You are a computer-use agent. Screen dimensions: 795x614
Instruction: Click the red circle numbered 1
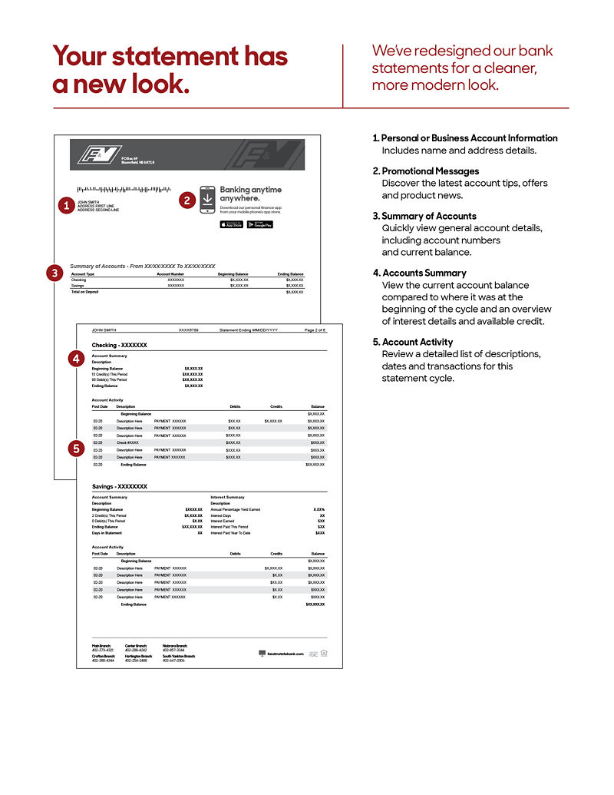(66, 205)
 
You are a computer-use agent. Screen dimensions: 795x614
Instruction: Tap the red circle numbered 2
(187, 200)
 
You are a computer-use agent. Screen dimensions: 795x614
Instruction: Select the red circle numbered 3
(54, 272)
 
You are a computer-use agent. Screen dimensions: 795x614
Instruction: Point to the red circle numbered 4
(75, 358)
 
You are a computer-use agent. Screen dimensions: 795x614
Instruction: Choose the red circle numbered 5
(75, 449)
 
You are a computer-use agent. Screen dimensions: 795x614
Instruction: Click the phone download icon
(207, 199)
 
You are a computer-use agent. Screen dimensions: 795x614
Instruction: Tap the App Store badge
(231, 224)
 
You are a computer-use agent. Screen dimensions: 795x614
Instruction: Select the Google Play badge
(260, 224)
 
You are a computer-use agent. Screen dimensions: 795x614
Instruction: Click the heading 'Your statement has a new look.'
(170, 70)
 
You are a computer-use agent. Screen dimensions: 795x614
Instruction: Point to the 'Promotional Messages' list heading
(430, 171)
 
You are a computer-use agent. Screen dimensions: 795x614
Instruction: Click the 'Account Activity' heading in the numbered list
(418, 342)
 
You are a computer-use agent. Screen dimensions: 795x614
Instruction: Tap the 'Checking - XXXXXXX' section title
(119, 346)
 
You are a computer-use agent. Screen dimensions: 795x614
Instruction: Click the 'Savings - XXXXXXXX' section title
(119, 486)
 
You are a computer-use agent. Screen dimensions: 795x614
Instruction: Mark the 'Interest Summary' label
(227, 497)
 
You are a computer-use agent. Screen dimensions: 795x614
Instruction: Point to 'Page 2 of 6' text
(315, 330)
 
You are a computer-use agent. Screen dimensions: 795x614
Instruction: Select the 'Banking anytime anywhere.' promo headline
(251, 194)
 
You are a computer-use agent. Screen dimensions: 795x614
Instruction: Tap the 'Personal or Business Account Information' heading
(469, 138)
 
